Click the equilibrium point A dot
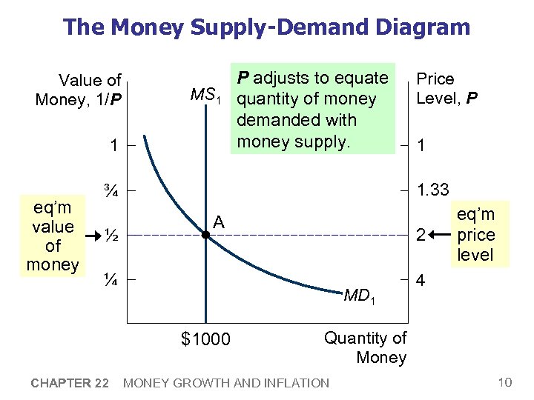tap(205, 235)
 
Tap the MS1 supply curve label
tap(207, 96)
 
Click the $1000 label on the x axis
tap(205, 339)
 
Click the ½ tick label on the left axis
tap(110, 235)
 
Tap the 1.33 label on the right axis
tap(432, 190)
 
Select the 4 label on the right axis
tap(421, 282)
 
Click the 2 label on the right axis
tap(421, 236)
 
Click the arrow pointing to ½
tap(93, 236)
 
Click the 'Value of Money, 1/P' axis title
tap(79, 90)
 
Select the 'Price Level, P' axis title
tap(446, 88)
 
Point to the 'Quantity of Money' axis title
tap(366, 347)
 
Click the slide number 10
tap(504, 382)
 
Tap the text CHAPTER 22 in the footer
tap(70, 383)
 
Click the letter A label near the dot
tap(219, 221)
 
